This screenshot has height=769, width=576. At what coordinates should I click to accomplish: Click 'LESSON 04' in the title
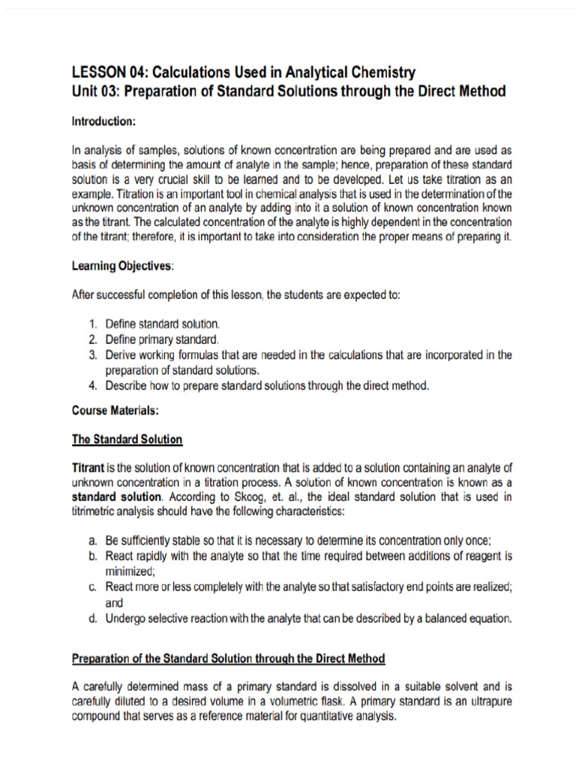point(106,73)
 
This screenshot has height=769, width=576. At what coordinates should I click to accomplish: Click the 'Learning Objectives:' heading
point(122,267)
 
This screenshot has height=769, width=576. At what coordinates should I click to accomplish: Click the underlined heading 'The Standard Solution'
point(127,439)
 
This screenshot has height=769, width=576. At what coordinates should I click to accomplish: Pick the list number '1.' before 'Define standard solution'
point(92,324)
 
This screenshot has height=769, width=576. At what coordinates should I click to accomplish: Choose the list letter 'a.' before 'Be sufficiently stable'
point(92,540)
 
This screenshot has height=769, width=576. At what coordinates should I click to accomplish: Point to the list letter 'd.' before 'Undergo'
point(92,619)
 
